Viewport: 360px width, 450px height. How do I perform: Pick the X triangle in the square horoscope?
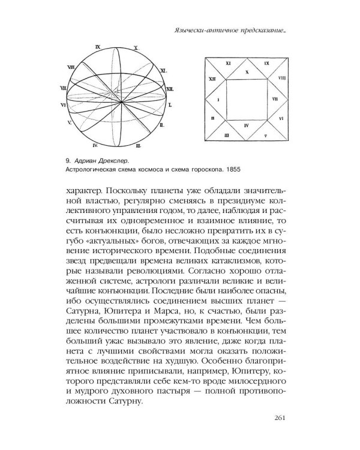tap(247, 71)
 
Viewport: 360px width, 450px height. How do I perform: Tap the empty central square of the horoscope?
tap(247, 98)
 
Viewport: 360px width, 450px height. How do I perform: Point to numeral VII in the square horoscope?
tap(274, 97)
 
